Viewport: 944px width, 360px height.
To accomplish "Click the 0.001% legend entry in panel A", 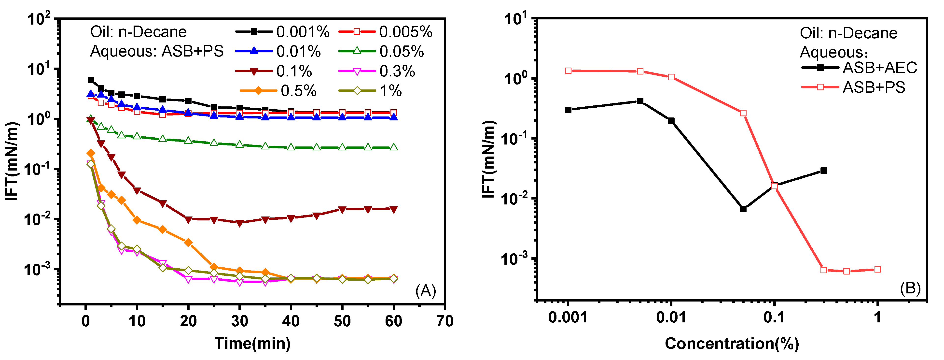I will click(282, 32).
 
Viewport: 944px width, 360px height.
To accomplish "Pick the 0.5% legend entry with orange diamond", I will click(278, 90).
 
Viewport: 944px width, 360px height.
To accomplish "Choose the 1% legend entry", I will click(370, 90).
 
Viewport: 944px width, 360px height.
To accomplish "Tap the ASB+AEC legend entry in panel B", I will click(859, 68).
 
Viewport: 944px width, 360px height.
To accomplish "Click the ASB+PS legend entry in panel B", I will click(854, 87).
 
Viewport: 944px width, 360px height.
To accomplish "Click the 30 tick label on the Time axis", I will click(240, 321).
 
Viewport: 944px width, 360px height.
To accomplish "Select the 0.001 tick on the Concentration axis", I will click(568, 317).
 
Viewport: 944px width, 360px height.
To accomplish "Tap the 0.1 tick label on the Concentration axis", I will click(774, 317).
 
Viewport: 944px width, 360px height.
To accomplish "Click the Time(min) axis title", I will click(252, 344).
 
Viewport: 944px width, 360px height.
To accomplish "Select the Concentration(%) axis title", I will click(732, 344).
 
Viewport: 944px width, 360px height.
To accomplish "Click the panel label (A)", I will click(425, 291).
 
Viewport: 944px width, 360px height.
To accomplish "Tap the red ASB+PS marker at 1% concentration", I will click(877, 270).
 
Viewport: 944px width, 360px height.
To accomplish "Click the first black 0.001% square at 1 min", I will click(91, 80).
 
